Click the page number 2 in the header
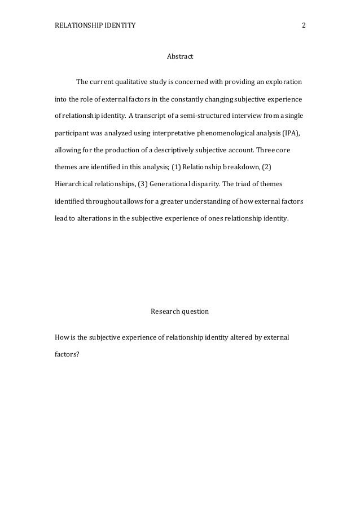[x=304, y=25]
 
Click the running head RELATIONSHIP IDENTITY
[x=95, y=25]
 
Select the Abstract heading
[x=180, y=57]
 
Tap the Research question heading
[x=180, y=311]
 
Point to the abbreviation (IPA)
[x=291, y=134]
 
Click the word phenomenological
[x=205, y=134]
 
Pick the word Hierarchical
[x=74, y=184]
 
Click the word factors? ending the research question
[x=67, y=354]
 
